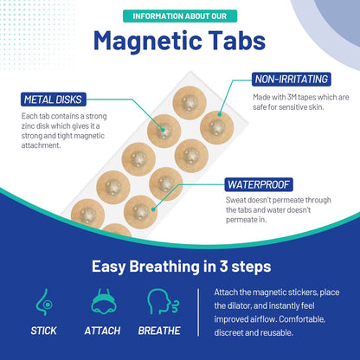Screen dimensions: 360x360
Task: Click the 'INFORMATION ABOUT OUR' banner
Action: pyautogui.click(x=179, y=15)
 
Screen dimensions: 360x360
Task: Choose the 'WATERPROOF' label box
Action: pyautogui.click(x=259, y=184)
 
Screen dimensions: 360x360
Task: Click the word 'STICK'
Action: pyautogui.click(x=43, y=330)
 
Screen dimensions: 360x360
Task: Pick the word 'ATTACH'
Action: pyautogui.click(x=102, y=330)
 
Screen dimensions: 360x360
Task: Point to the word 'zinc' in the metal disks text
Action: pyautogui.click(x=35, y=126)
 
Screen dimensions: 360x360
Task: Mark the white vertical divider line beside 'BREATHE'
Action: pyautogui.click(x=200, y=312)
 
